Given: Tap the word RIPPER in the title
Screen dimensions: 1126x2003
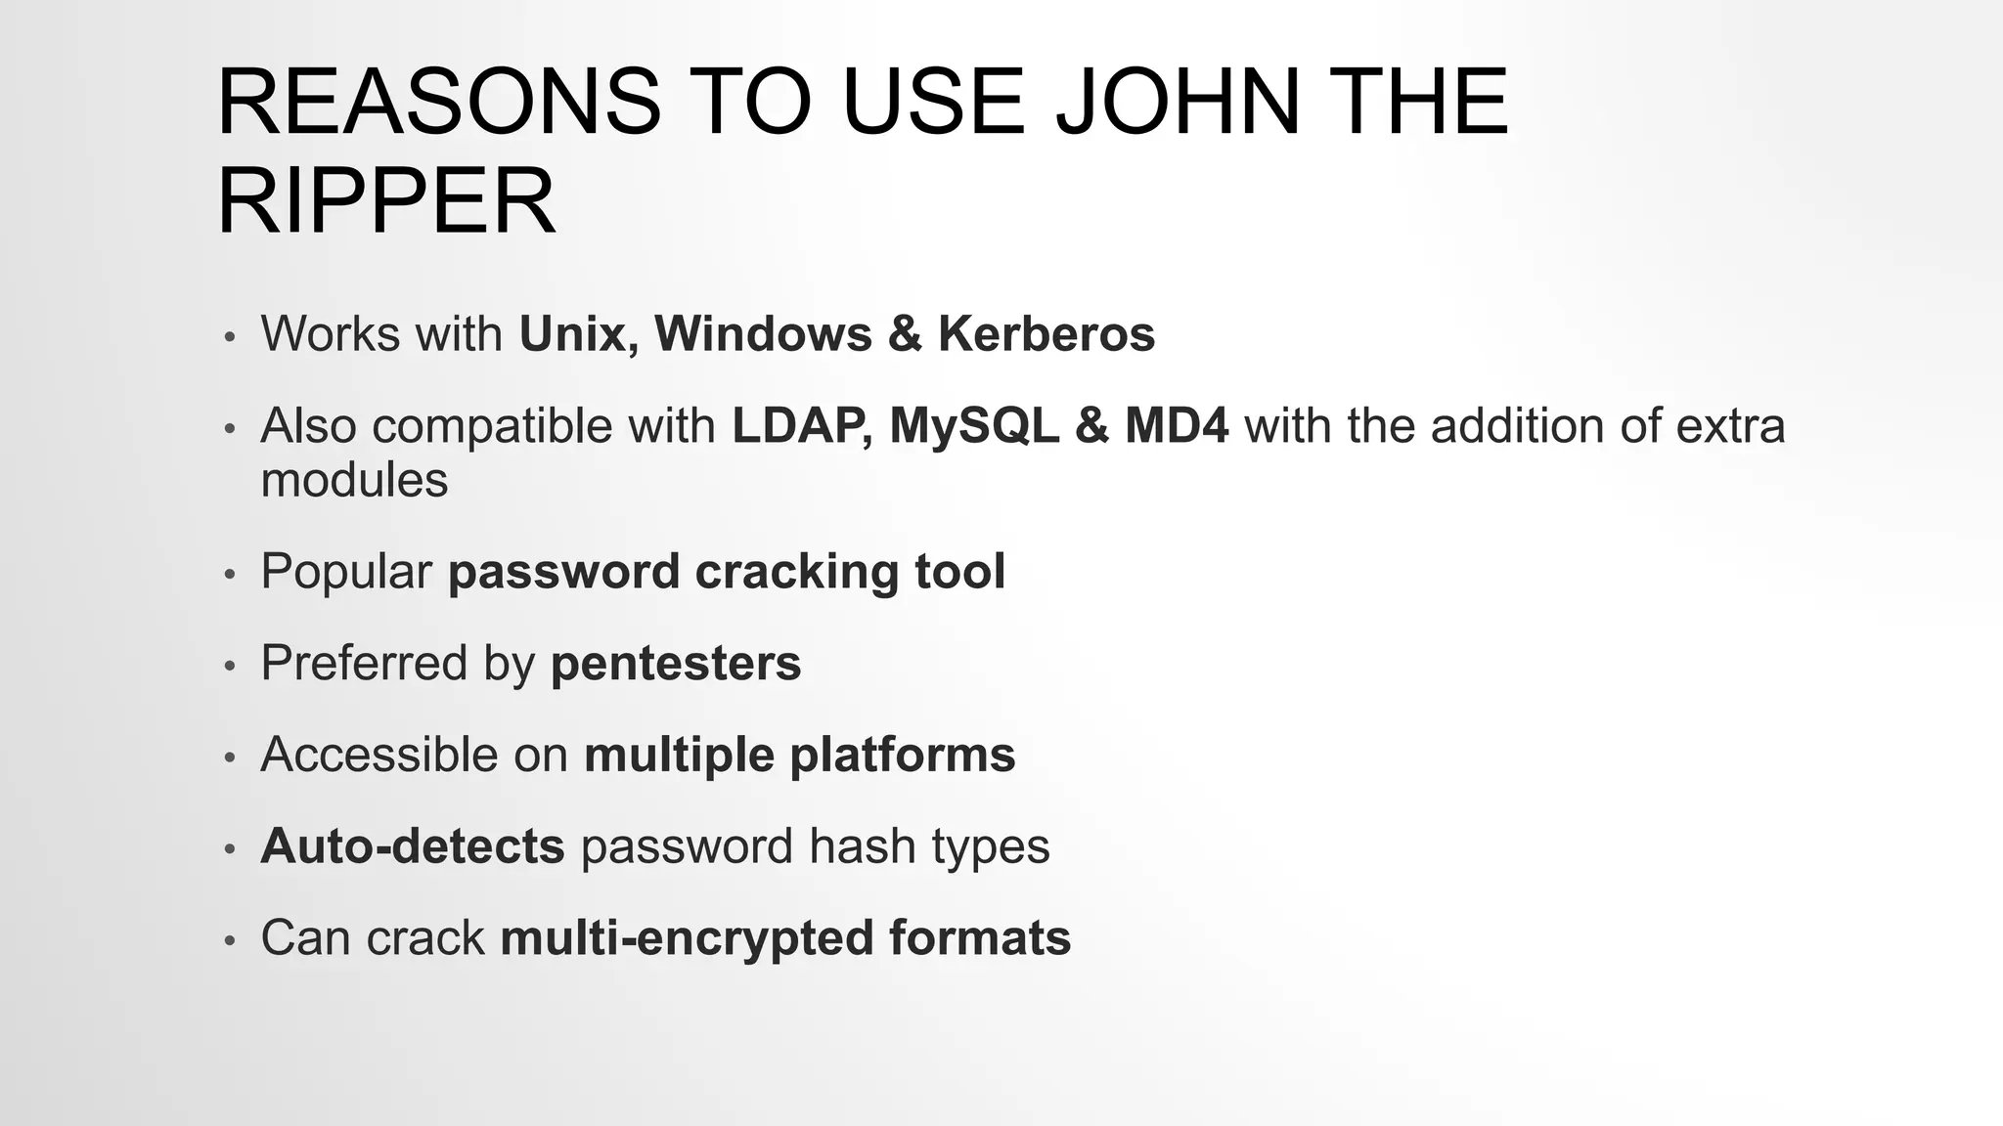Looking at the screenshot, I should click(386, 201).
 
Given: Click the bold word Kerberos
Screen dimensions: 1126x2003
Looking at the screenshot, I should click(1046, 333).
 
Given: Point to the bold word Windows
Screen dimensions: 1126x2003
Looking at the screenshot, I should click(763, 333).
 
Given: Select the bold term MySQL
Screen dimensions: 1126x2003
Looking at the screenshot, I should click(974, 426).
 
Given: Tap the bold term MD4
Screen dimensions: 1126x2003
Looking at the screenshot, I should click(1177, 426).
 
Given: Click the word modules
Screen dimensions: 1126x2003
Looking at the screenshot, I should click(354, 480).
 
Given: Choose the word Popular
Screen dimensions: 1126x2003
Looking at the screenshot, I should click(346, 571).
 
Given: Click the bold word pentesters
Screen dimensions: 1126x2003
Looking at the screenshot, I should click(676, 664).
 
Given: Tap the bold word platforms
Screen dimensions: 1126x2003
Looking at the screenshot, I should click(902, 756).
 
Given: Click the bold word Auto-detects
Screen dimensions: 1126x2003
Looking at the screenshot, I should click(413, 846).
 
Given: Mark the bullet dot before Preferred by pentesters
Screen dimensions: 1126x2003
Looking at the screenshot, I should click(230, 667).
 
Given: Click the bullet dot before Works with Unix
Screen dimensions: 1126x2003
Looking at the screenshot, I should click(230, 337).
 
